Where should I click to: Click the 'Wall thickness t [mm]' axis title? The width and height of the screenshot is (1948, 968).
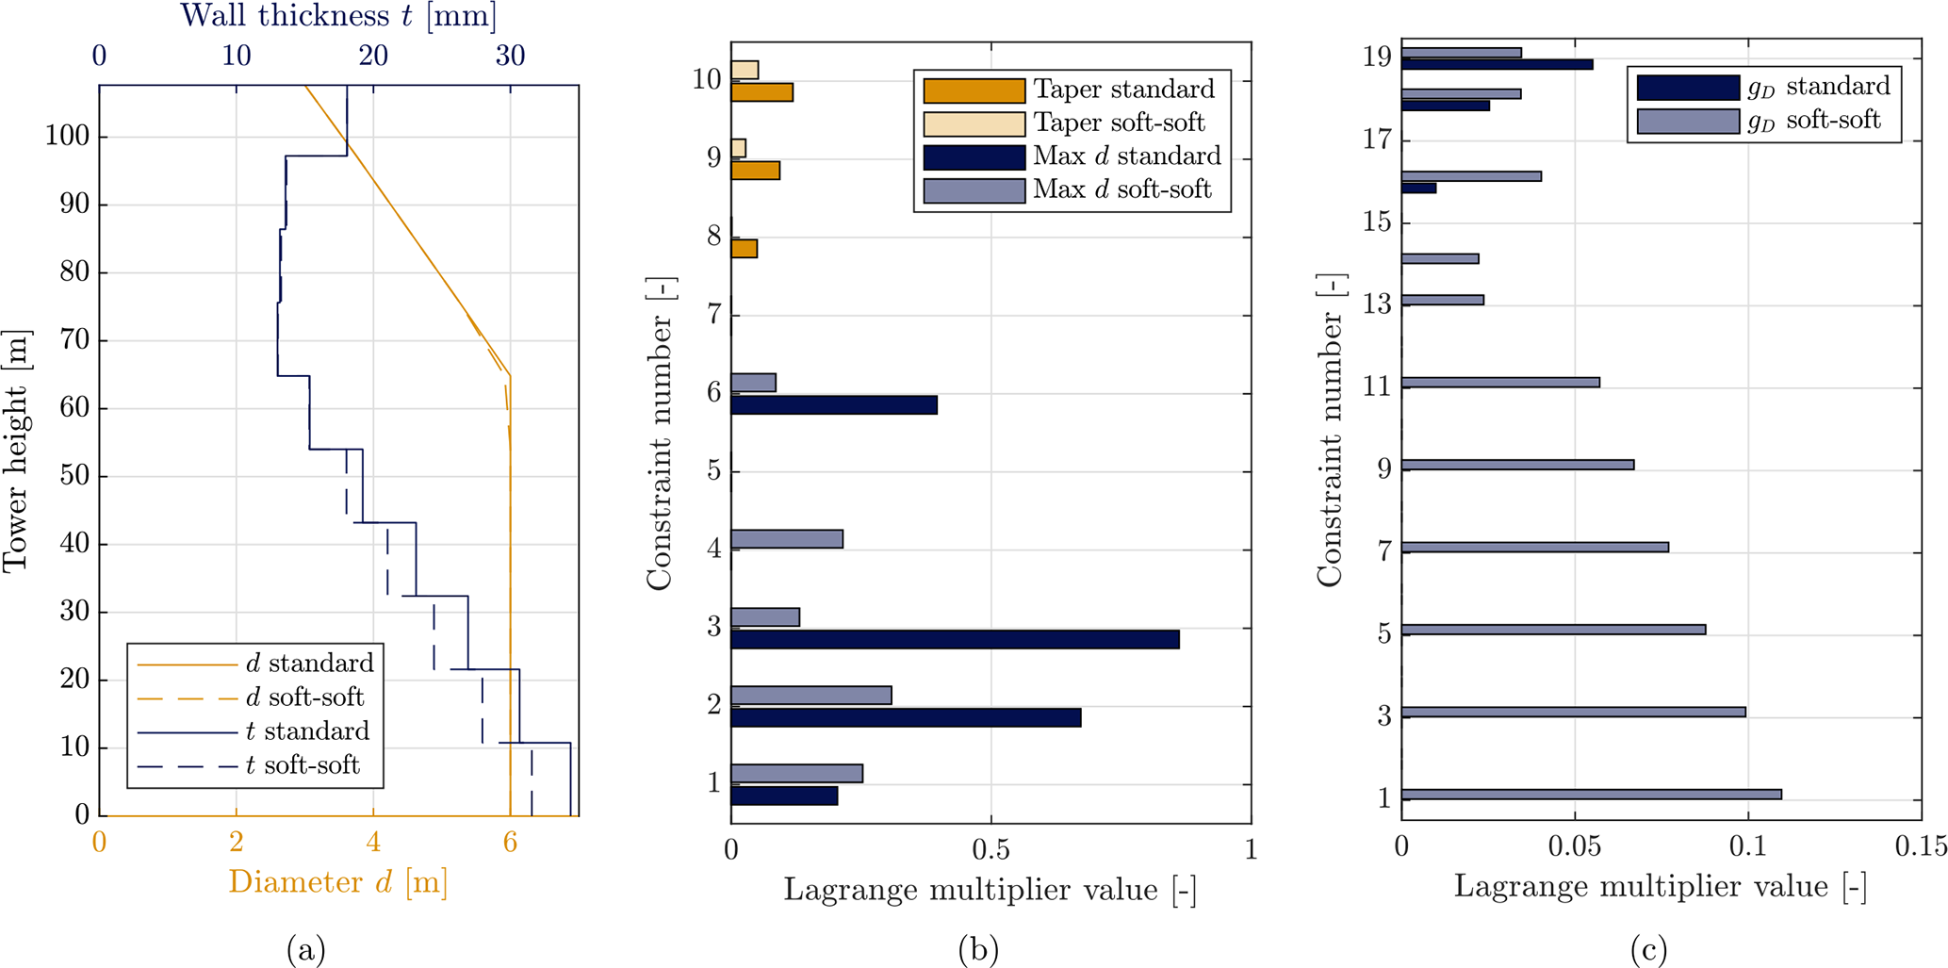pyautogui.click(x=338, y=16)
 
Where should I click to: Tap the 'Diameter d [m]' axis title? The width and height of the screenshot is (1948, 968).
pyautogui.click(x=337, y=882)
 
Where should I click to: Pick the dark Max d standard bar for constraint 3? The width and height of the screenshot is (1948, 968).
pyautogui.click(x=955, y=640)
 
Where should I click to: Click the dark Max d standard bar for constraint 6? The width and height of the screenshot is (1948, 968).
pyautogui.click(x=834, y=405)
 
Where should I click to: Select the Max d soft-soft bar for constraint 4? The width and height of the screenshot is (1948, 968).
pyautogui.click(x=787, y=539)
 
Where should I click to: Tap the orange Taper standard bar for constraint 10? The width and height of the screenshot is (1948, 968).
pyautogui.click(x=761, y=92)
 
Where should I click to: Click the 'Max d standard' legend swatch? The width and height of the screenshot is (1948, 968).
pyautogui.click(x=974, y=156)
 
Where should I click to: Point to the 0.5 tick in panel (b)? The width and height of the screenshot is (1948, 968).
pyautogui.click(x=990, y=851)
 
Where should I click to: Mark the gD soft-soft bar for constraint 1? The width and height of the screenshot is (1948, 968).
pyautogui.click(x=1591, y=795)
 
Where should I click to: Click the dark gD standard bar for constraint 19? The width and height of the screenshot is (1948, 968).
pyautogui.click(x=1497, y=64)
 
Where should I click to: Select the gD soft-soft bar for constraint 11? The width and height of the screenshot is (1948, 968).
pyautogui.click(x=1500, y=383)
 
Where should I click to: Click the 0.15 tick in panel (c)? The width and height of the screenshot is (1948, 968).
pyautogui.click(x=1921, y=847)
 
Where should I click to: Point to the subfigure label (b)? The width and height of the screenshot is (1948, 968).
pyautogui.click(x=977, y=950)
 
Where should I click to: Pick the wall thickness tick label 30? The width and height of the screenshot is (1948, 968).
pyautogui.click(x=510, y=56)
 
